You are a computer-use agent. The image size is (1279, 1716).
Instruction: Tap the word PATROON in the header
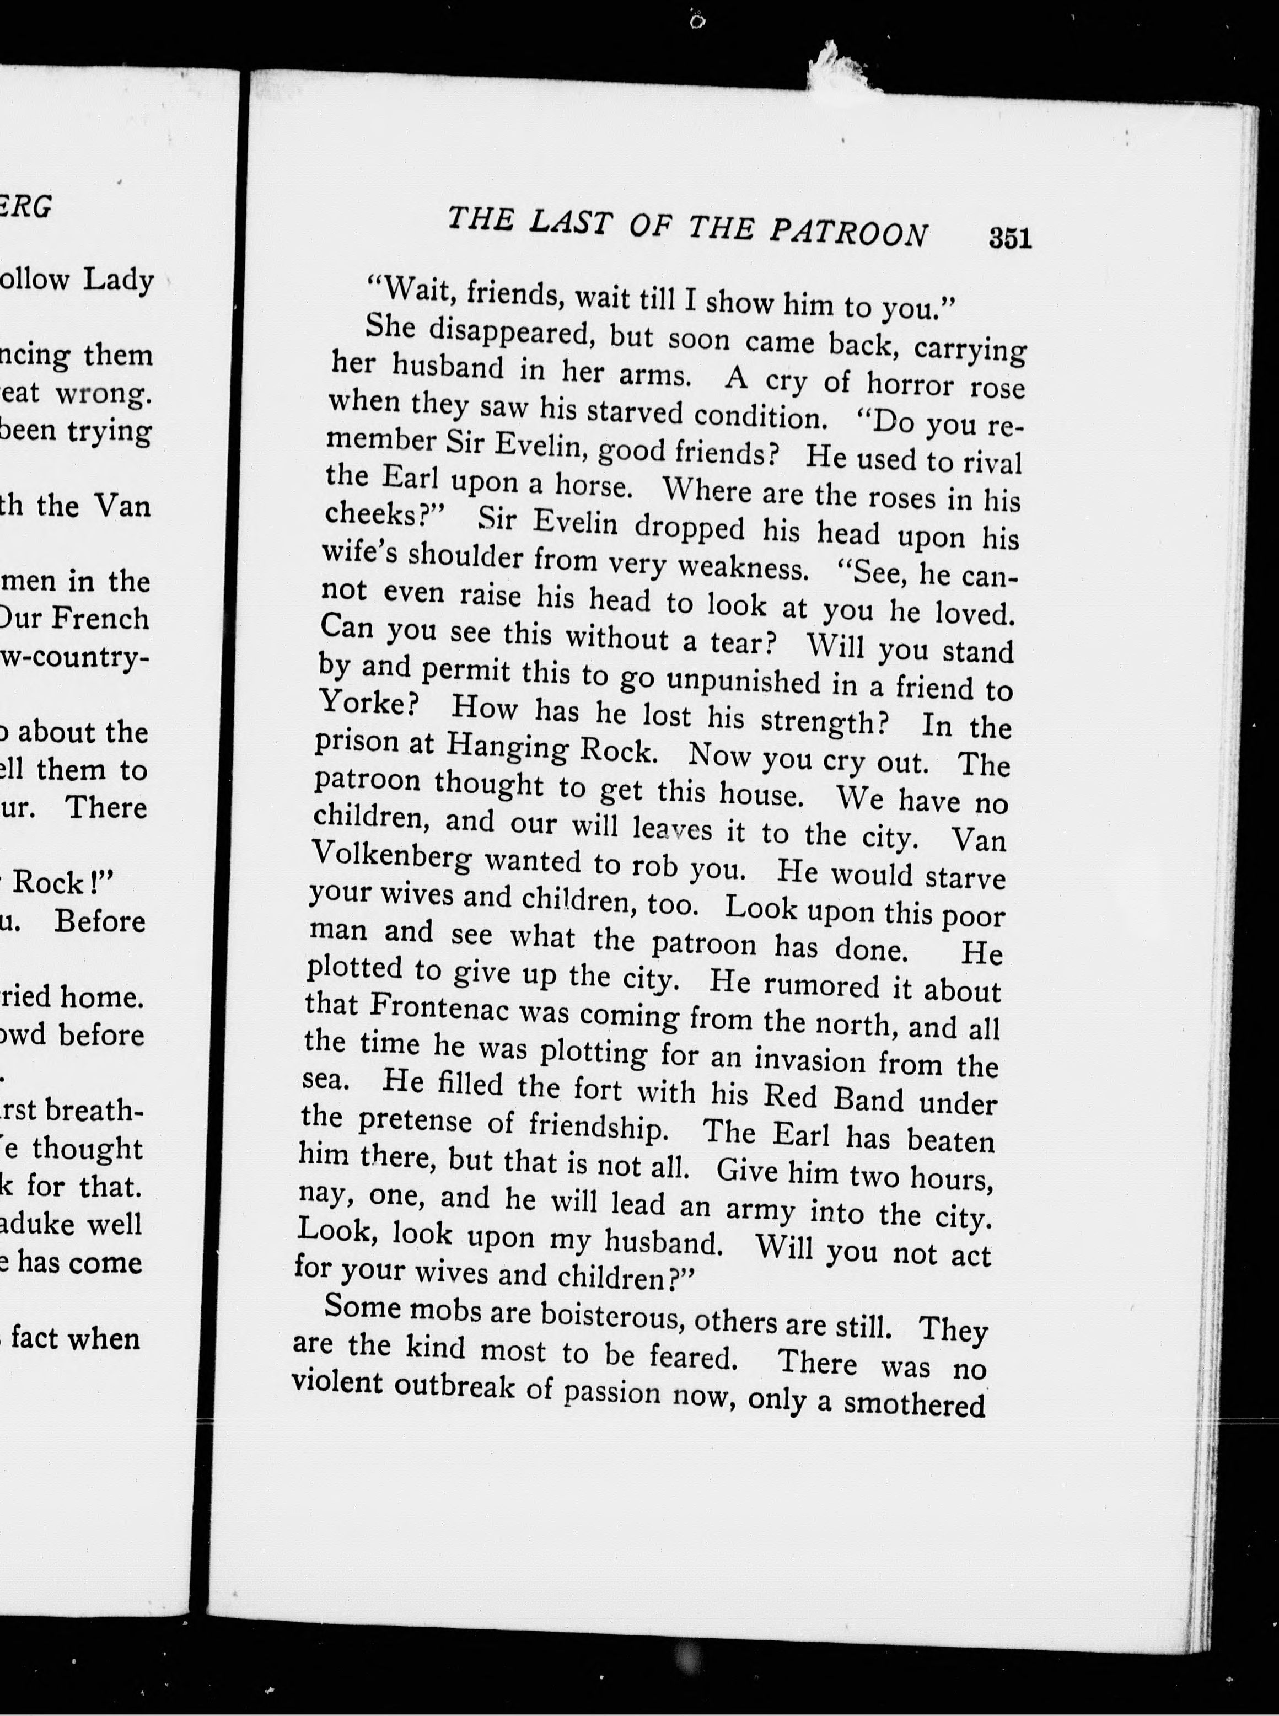(x=848, y=232)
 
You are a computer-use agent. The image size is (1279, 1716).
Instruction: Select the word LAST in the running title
(x=571, y=223)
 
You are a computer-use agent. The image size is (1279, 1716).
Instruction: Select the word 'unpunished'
(x=743, y=680)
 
